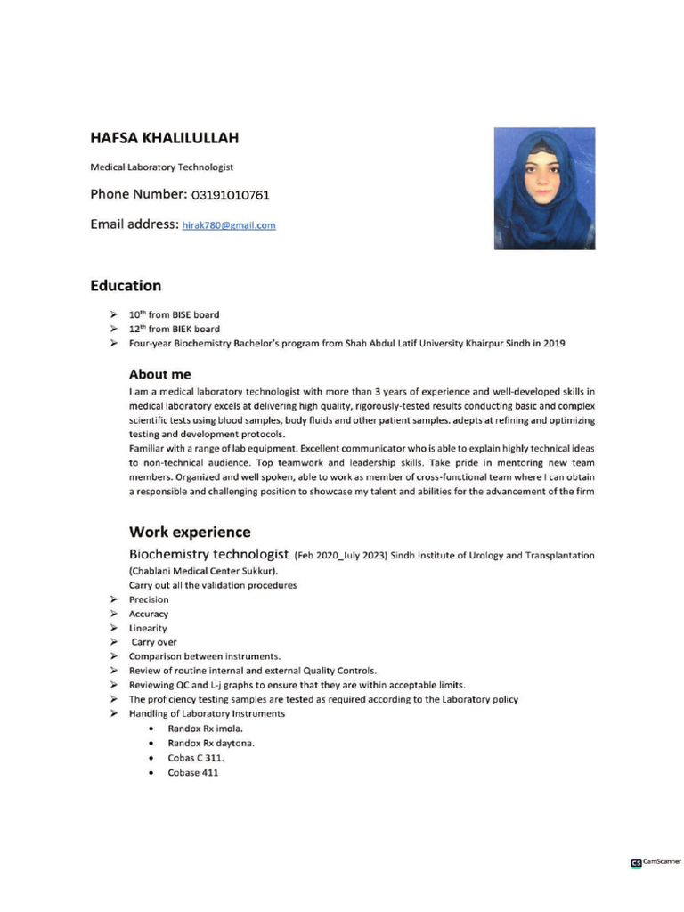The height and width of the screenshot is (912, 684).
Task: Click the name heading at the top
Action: click(164, 138)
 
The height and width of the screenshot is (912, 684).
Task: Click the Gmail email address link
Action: click(229, 225)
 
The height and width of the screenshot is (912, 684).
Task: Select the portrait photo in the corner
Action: click(544, 188)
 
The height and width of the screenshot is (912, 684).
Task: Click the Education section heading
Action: click(126, 286)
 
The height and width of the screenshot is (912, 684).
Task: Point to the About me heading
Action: click(159, 374)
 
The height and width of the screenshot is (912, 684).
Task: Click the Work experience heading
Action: click(190, 533)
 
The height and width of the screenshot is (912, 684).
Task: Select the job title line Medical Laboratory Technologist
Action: click(161, 167)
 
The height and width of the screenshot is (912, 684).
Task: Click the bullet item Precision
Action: click(149, 599)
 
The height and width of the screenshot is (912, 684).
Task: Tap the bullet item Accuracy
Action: click(148, 614)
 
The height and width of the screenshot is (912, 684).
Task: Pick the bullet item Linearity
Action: click(148, 628)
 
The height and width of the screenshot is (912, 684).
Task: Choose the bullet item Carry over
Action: click(154, 642)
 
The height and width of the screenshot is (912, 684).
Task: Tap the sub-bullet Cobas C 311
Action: click(196, 758)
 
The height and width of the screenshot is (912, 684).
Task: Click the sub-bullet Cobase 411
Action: click(192, 772)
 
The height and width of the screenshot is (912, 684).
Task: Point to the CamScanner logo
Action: click(655, 862)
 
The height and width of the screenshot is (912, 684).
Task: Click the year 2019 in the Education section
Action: click(553, 343)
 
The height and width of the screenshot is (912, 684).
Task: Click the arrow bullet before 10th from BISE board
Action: click(113, 314)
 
